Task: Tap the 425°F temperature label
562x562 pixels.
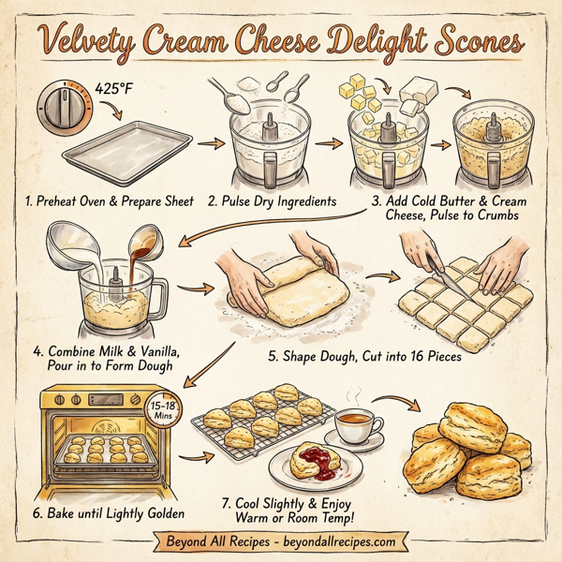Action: [117, 90]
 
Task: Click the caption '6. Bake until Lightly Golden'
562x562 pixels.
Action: [109, 513]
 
